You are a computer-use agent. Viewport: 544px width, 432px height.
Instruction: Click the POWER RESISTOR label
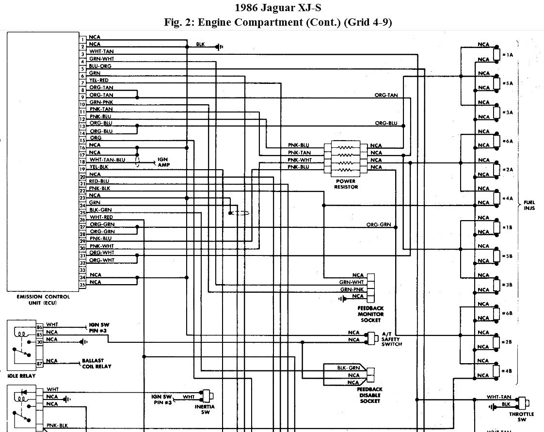click(x=346, y=184)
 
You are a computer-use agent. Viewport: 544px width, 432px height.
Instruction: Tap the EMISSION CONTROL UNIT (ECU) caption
click(x=43, y=299)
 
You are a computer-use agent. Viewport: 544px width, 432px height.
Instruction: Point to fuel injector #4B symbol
click(x=496, y=370)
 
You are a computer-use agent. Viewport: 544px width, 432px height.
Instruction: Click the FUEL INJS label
click(x=529, y=206)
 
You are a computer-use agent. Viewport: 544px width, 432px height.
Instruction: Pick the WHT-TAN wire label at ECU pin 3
click(x=101, y=51)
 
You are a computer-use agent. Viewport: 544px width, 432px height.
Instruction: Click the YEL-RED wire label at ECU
click(x=99, y=80)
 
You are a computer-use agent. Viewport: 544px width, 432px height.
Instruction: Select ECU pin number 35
click(x=82, y=285)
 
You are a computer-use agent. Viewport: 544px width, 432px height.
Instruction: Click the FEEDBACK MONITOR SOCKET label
click(x=371, y=314)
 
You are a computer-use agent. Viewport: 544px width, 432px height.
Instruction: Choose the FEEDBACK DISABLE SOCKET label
click(x=370, y=395)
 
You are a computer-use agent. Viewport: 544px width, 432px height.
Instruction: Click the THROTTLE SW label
click(x=522, y=417)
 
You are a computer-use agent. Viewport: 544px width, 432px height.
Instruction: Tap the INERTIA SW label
click(x=205, y=409)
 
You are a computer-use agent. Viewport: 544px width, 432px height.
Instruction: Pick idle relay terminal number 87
click(x=40, y=363)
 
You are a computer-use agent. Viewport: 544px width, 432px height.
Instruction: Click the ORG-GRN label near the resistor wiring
click(x=378, y=224)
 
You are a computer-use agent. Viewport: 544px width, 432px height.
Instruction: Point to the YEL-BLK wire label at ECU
click(x=99, y=167)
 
